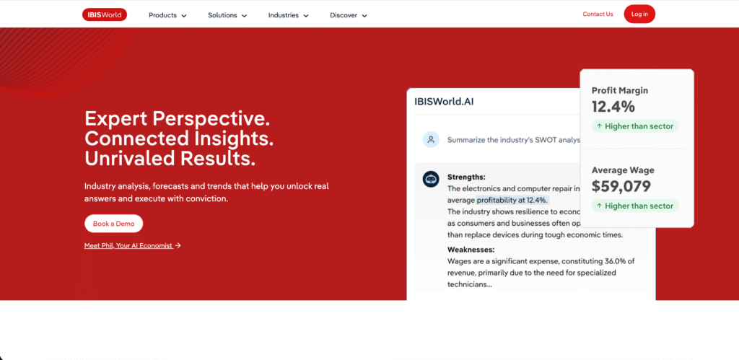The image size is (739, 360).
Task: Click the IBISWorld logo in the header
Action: coord(104,14)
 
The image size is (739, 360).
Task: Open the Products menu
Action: coord(167,14)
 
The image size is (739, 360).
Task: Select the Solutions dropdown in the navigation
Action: coord(227,14)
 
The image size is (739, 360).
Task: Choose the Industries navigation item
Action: coord(288,14)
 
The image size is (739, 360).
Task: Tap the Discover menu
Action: coord(349,14)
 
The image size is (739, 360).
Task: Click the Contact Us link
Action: coord(598,14)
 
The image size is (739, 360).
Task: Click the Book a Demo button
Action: coord(113,224)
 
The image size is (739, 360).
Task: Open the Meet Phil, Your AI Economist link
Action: coord(132,245)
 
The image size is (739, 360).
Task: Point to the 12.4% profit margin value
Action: coord(613,107)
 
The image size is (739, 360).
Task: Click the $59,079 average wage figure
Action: coord(621,186)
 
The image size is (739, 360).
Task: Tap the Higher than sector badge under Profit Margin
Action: coord(635,126)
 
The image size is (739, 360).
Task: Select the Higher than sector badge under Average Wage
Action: coord(635,206)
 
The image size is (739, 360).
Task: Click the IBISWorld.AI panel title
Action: coord(445,102)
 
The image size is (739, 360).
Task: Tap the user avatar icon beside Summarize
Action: coord(431,139)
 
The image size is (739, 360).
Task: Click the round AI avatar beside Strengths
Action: coord(431,179)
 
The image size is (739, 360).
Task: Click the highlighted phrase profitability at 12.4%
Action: coord(512,200)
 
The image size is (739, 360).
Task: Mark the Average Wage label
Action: coord(623,170)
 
